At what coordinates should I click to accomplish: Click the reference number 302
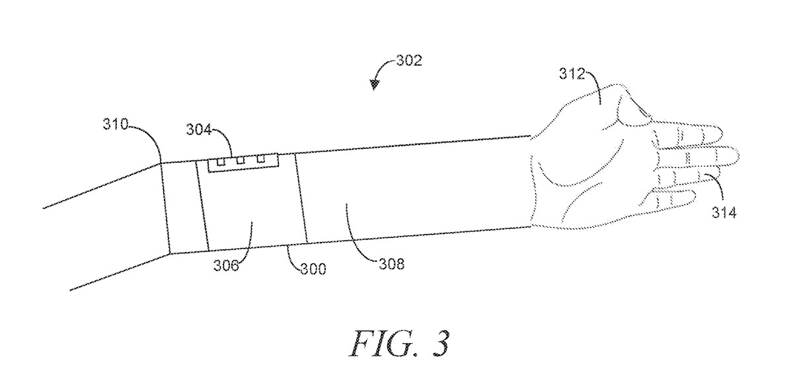[408, 62]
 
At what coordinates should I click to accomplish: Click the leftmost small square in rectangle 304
[221, 161]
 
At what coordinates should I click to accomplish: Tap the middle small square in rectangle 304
[241, 160]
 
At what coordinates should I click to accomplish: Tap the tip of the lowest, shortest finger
[694, 196]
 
